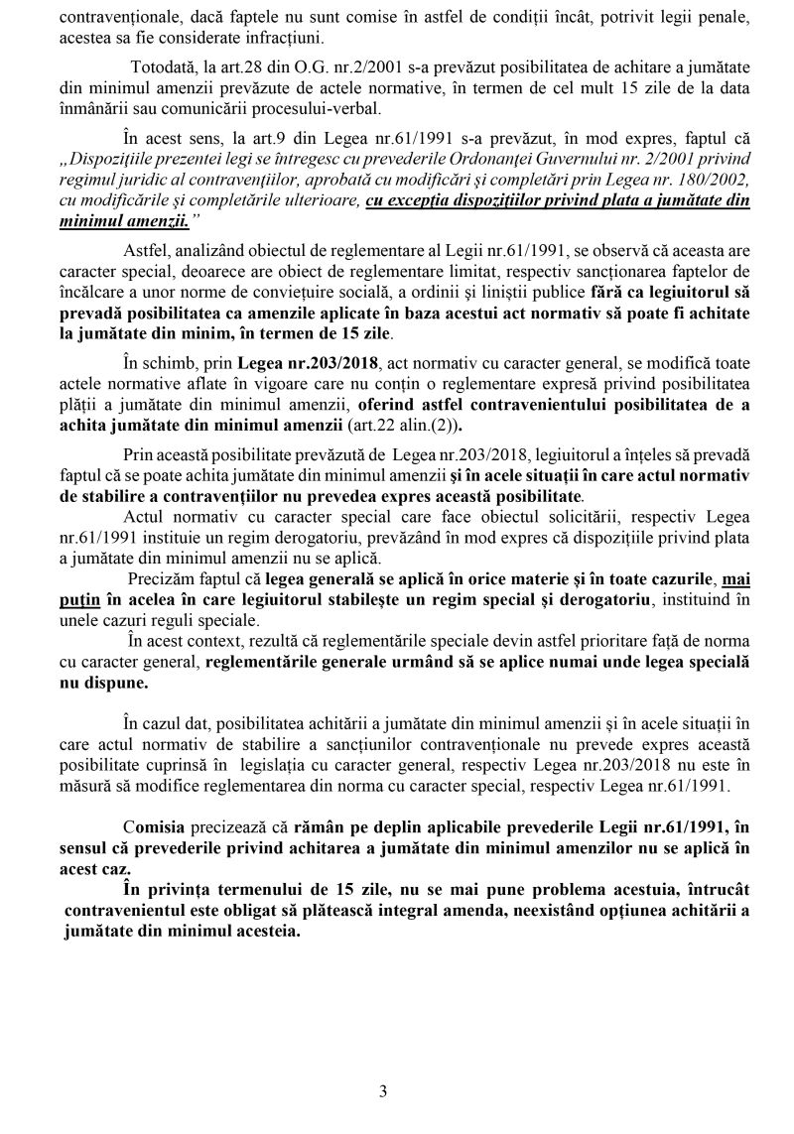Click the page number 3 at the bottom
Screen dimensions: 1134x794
pyautogui.click(x=383, y=1092)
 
